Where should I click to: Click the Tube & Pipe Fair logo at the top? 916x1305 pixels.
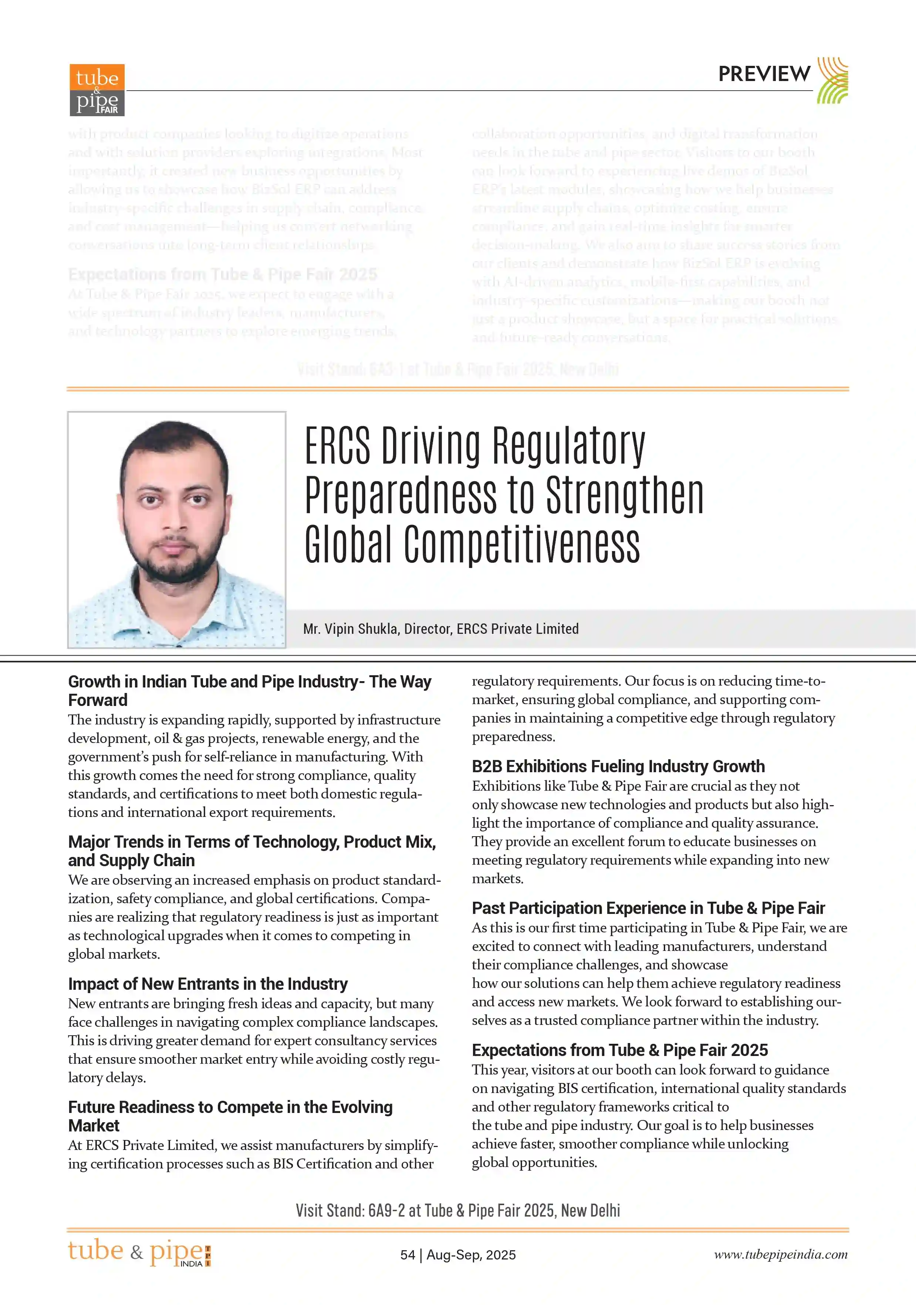click(x=97, y=90)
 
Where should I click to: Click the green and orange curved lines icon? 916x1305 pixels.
click(x=832, y=80)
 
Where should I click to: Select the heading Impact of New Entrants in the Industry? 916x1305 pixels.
click(x=208, y=984)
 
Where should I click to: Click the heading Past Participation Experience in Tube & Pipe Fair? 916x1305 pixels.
click(x=648, y=908)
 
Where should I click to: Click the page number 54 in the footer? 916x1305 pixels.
click(x=408, y=1254)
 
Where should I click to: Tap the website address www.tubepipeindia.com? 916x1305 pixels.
click(x=781, y=1254)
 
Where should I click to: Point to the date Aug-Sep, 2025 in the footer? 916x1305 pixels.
click(x=471, y=1254)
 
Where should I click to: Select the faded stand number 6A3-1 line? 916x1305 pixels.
click(x=457, y=369)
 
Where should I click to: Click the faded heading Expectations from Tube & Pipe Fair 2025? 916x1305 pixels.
click(x=222, y=275)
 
